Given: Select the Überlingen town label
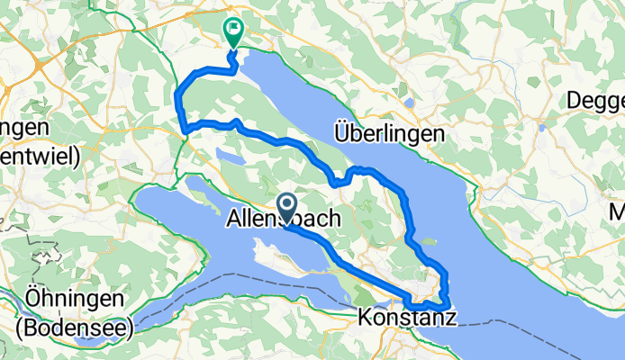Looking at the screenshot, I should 389,133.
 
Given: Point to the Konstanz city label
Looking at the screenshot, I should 406,318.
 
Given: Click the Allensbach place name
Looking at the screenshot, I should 283,218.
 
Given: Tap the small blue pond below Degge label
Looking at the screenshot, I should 541,127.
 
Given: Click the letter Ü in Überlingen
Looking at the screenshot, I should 340,133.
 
